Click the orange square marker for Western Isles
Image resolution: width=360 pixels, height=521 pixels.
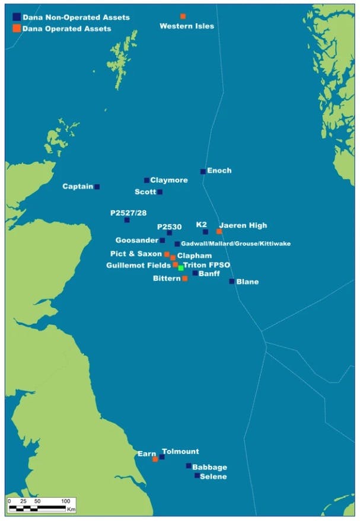tap(183, 17)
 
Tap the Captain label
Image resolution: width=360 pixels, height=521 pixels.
tap(78, 187)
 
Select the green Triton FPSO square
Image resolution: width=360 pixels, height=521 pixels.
tap(181, 268)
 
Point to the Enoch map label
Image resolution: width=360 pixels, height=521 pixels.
tap(219, 171)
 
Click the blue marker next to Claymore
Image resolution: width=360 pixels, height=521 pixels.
tap(146, 181)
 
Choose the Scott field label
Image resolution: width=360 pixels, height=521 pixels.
tap(145, 192)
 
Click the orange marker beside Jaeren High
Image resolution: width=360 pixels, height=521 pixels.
tap(219, 232)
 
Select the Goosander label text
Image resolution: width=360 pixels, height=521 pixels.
tap(138, 241)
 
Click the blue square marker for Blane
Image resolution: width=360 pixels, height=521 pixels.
tap(232, 282)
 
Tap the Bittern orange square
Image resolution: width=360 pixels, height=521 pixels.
tap(185, 279)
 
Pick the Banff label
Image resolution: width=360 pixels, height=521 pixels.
tap(209, 274)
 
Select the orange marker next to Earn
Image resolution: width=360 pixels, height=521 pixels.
tap(155, 459)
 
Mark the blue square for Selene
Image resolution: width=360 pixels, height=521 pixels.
tap(197, 475)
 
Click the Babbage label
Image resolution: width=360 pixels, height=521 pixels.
tap(209, 467)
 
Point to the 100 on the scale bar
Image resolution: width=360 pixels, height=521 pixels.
tap(65, 501)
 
